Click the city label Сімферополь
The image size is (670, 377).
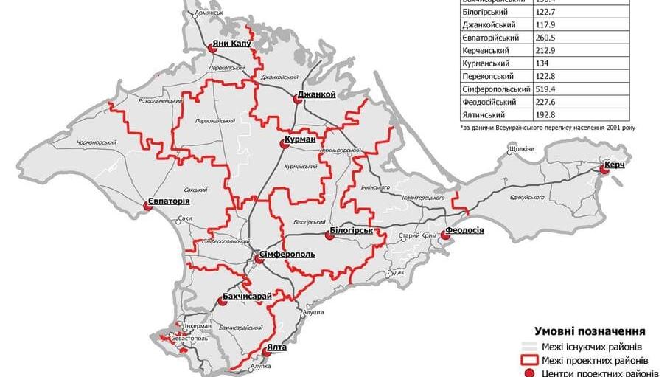(x=287, y=255)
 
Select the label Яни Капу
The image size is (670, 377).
(x=231, y=44)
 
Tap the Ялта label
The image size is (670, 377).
(x=277, y=347)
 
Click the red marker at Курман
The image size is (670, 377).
(x=282, y=146)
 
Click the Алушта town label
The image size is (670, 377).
(x=313, y=312)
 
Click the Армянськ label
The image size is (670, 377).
(x=209, y=13)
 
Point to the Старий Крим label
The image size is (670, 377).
(x=413, y=235)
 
